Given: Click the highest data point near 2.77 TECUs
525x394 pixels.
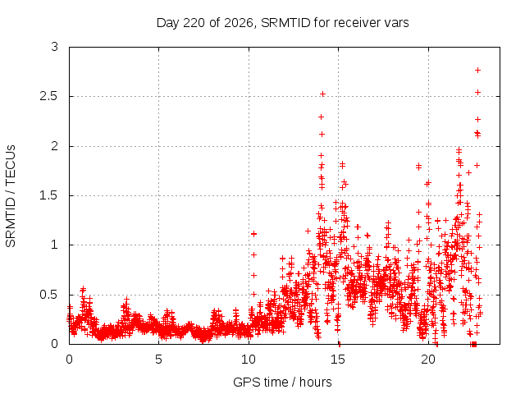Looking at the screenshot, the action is click(x=477, y=70).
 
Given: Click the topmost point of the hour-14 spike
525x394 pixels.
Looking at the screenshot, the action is click(x=322, y=94).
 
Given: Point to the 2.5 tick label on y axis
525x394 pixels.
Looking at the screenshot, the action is click(x=49, y=97).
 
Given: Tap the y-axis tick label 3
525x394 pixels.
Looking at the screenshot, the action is click(x=55, y=47).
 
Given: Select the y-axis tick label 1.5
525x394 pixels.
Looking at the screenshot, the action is click(x=49, y=195).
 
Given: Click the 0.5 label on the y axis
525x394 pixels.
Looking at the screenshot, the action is click(x=49, y=295).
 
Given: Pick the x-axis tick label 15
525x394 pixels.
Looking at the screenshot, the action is click(x=338, y=360).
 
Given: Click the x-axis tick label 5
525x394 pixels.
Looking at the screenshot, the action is click(x=158, y=360).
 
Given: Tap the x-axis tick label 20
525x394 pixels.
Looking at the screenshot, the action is click(x=428, y=360).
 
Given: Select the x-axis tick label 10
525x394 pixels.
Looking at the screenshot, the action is click(x=249, y=360).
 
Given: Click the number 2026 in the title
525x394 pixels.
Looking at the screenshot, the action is click(x=239, y=23).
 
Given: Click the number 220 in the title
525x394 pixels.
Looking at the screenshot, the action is click(x=194, y=23).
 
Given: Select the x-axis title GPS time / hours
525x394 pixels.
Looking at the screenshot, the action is click(x=282, y=382).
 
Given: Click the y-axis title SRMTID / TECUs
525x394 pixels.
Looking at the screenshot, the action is click(x=11, y=196).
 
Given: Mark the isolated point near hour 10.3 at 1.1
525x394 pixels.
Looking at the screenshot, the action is click(x=253, y=234).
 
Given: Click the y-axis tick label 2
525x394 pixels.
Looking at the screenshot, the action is click(x=55, y=146).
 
